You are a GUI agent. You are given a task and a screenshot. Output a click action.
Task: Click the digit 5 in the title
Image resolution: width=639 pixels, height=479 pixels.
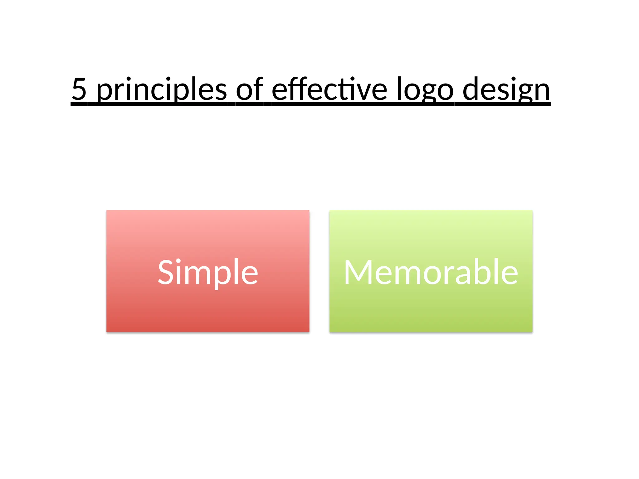click(x=79, y=90)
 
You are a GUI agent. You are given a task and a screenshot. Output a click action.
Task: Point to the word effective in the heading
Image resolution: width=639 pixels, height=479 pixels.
click(x=329, y=90)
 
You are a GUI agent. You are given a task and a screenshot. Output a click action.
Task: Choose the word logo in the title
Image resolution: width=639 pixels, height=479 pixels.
click(x=425, y=90)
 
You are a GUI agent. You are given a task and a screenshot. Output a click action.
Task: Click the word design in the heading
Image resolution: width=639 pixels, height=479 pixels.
click(x=506, y=90)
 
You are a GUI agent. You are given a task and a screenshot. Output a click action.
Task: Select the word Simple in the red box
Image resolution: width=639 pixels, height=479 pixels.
click(x=208, y=273)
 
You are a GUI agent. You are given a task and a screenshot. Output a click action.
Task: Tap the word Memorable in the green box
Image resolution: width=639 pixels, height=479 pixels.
click(x=431, y=273)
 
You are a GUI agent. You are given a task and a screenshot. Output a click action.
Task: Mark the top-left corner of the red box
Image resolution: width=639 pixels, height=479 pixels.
click(x=107, y=211)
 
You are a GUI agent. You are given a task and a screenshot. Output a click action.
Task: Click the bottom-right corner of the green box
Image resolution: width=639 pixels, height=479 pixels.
click(x=532, y=332)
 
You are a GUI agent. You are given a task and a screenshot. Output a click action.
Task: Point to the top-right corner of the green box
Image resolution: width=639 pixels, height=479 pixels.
click(x=532, y=211)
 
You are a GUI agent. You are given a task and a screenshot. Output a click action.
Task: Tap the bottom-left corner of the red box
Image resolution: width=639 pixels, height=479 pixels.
click(x=107, y=332)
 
